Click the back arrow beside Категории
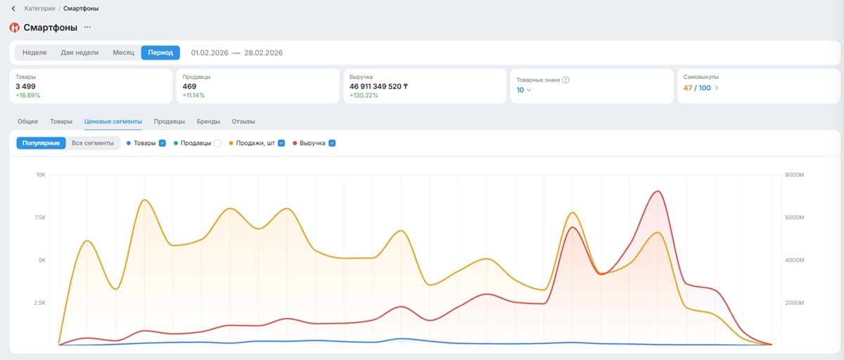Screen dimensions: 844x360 click(13, 8)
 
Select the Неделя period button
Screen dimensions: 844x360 click(34, 53)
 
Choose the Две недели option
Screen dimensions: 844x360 click(79, 53)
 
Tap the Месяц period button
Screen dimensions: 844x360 click(123, 53)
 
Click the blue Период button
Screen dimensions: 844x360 click(160, 53)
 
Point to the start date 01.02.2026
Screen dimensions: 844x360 click(210, 53)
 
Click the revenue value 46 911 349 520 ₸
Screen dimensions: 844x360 click(378, 86)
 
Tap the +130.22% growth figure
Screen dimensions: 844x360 click(364, 95)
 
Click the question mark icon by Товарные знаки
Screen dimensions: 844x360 click(565, 80)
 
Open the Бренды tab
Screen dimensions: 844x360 click(208, 121)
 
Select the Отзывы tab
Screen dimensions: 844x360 click(243, 121)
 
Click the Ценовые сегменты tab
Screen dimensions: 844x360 click(113, 121)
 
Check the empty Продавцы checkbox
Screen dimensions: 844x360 click(217, 143)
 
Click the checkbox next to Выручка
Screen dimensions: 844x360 click(332, 143)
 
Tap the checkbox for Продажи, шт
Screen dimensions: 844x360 click(281, 143)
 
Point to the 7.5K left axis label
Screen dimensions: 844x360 click(39, 217)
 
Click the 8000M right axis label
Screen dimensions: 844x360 click(794, 175)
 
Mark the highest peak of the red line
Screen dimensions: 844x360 click(658, 191)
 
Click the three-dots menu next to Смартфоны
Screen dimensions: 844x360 click(87, 27)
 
